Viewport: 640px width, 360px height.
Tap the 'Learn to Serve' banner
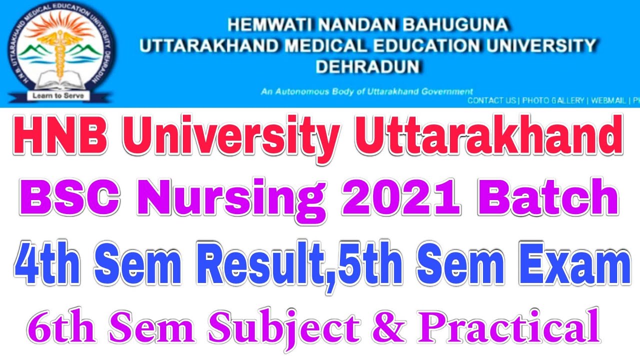[58, 94]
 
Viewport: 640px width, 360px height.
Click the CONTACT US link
[492, 100]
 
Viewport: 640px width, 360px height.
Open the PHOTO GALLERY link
[553, 100]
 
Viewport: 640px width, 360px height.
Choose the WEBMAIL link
[609, 100]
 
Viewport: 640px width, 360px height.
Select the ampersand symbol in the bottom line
[399, 327]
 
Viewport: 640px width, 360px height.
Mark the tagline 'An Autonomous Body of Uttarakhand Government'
[366, 91]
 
